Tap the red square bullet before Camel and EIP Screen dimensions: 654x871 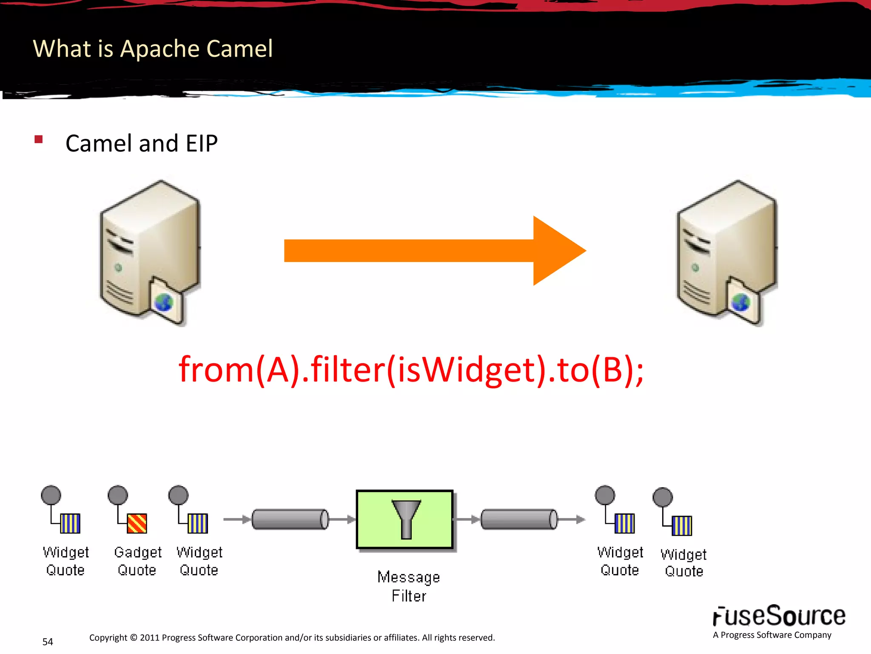point(39,140)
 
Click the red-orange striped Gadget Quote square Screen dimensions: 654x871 point(137,523)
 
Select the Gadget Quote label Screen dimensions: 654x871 point(137,561)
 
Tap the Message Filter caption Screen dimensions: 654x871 point(408,586)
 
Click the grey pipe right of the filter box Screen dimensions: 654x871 point(519,519)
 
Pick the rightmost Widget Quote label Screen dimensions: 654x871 point(683,563)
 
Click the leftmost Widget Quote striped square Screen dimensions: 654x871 point(70,523)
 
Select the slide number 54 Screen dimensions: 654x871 point(48,642)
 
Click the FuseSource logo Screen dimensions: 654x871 point(779,617)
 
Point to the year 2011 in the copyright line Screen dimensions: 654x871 point(150,638)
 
